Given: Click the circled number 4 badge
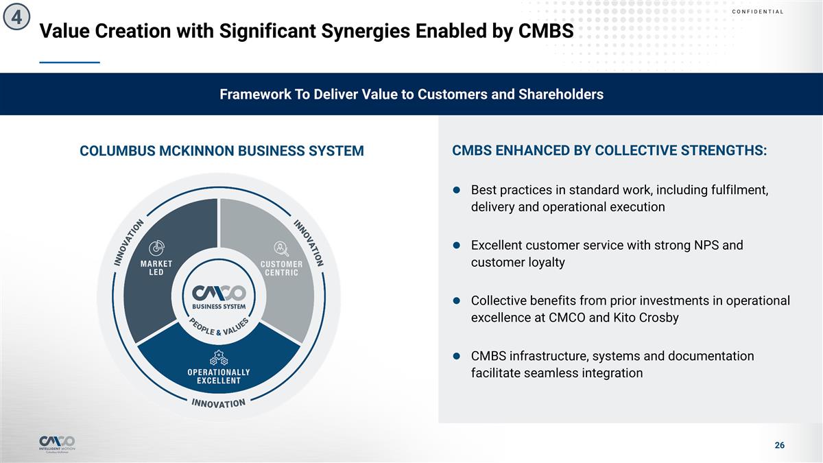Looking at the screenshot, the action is point(16,17).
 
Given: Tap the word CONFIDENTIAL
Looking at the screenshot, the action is point(758,12).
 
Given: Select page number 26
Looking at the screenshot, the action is point(779,445).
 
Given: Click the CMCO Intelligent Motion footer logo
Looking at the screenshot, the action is point(57,444).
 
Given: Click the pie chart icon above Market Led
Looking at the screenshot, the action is point(156,248).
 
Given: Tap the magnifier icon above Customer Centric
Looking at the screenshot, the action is point(281,248).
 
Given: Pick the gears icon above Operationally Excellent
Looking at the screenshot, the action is point(219,357).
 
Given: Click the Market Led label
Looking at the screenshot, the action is point(156,268).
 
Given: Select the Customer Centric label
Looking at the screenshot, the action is point(281,268).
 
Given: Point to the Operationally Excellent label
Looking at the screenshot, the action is point(219,377).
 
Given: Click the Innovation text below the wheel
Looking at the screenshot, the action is point(219,403).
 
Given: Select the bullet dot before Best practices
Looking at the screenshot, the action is point(457,190).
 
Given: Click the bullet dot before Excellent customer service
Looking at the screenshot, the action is point(457,245).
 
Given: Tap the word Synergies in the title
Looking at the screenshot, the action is point(366,31).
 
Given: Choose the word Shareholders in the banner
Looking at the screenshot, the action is point(561,95).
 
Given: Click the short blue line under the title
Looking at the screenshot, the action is point(69,62).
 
